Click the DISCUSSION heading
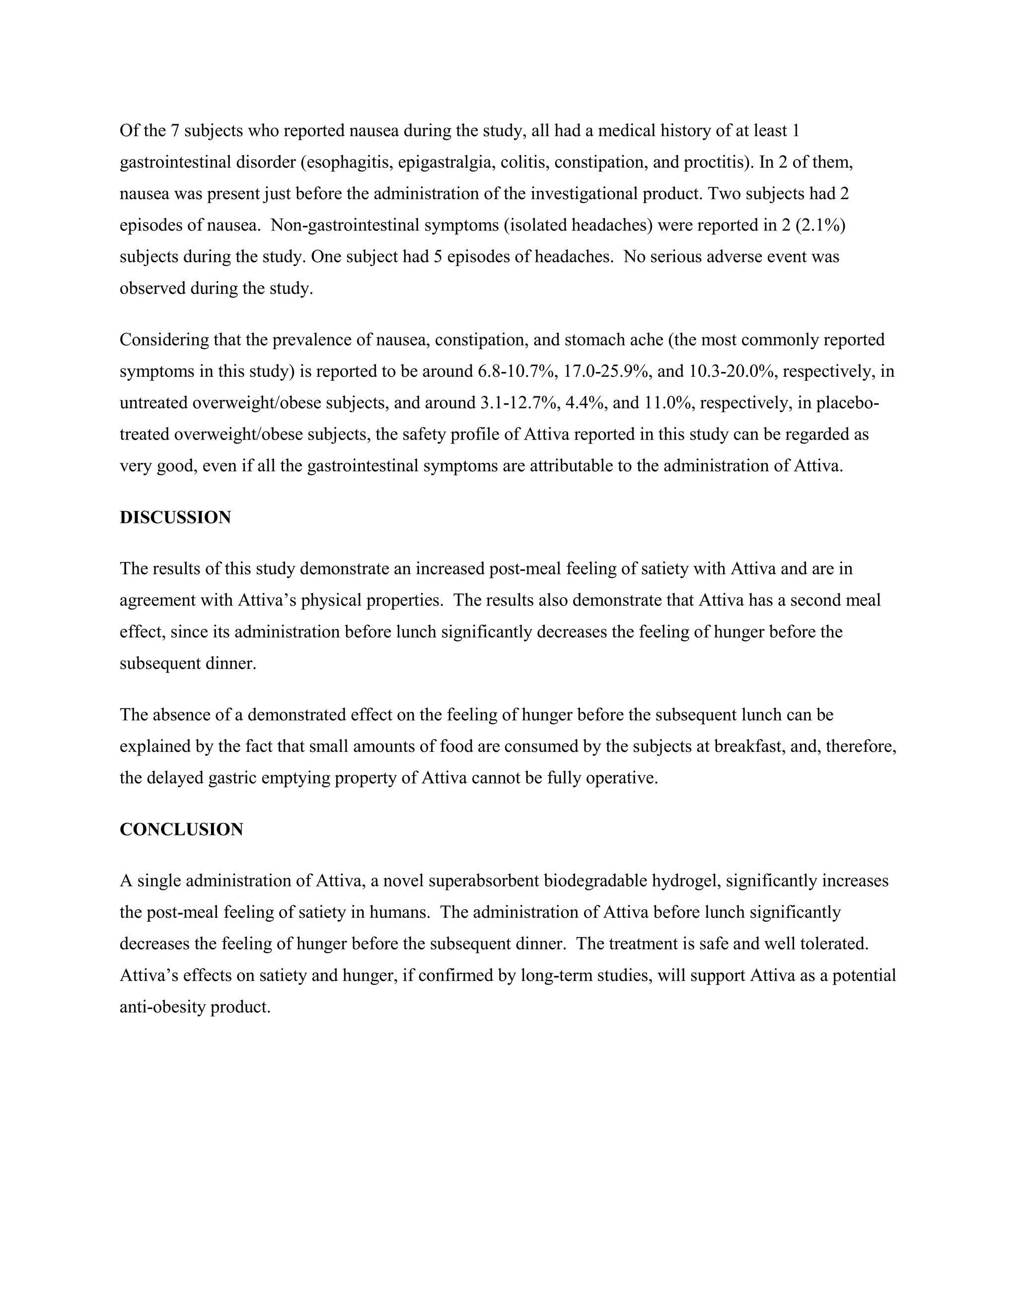pos(175,517)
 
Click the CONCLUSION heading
pos(181,829)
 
